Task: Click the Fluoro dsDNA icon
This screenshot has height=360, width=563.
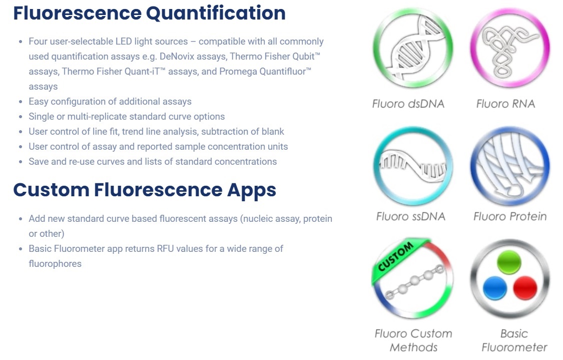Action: click(x=413, y=48)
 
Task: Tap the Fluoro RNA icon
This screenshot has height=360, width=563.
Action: click(x=510, y=48)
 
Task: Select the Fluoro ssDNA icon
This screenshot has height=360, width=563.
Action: click(x=413, y=166)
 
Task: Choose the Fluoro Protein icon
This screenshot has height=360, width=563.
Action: click(x=510, y=166)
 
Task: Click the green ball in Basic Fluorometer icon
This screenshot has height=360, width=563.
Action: click(x=509, y=262)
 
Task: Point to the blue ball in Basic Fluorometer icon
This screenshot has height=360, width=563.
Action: click(x=495, y=288)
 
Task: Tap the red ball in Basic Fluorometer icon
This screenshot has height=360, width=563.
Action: click(x=525, y=288)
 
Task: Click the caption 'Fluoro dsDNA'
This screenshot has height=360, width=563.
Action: click(x=408, y=104)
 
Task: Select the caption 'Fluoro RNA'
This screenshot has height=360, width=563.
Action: click(x=505, y=104)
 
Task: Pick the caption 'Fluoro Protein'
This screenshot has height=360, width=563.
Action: click(x=510, y=216)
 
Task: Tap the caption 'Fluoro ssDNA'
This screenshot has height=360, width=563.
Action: click(x=411, y=216)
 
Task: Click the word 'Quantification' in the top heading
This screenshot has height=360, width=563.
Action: click(x=216, y=14)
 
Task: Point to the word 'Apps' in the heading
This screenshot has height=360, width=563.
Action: click(x=252, y=191)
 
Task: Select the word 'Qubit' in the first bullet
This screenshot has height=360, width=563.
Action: click(x=302, y=57)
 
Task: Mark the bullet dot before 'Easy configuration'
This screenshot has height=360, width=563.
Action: click(x=21, y=102)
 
